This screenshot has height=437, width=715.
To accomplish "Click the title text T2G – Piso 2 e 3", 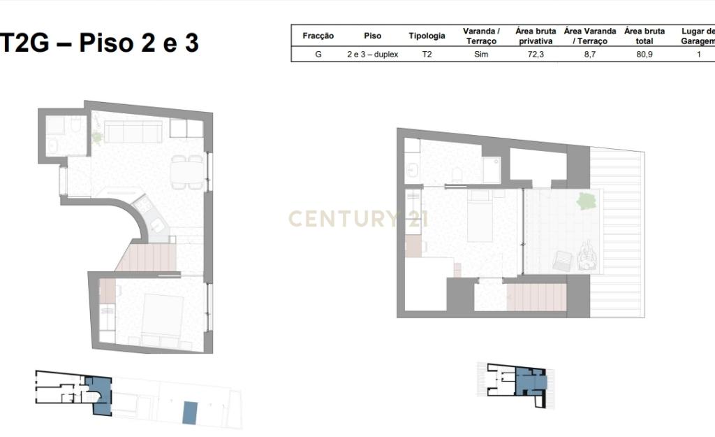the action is click(x=99, y=43).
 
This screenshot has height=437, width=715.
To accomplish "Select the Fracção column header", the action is click(x=318, y=36).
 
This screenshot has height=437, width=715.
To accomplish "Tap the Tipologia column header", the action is click(x=427, y=36).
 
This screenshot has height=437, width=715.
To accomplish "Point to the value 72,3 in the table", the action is click(x=536, y=55).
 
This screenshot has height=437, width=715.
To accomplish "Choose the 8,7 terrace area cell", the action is click(x=589, y=55).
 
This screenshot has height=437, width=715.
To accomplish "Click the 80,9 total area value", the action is click(x=644, y=55).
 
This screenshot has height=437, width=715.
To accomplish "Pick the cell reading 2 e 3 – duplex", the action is click(x=373, y=55).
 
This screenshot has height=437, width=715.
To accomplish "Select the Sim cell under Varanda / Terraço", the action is click(x=481, y=55).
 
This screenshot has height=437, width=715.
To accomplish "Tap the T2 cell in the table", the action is click(x=427, y=55).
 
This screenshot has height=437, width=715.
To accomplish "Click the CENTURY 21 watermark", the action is click(x=358, y=219).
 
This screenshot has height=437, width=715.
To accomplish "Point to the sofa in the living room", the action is click(x=133, y=131).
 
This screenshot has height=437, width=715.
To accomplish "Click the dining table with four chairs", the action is click(x=187, y=172).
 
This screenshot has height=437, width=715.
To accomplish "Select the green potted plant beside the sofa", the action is click(x=97, y=136).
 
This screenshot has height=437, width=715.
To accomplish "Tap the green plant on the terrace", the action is click(x=586, y=201).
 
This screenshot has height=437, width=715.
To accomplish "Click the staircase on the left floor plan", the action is click(x=147, y=258).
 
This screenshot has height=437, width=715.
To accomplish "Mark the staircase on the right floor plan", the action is click(x=536, y=297).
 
